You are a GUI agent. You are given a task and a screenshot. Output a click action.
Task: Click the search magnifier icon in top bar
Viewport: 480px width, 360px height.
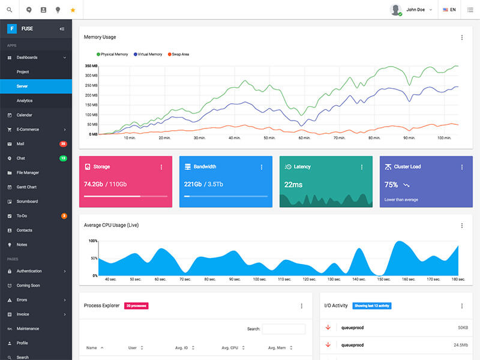click(x=9, y=10)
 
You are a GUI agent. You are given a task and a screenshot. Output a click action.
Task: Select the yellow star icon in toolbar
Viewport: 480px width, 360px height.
click(x=73, y=10)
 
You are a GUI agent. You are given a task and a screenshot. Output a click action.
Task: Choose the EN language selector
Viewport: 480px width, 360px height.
click(x=449, y=10)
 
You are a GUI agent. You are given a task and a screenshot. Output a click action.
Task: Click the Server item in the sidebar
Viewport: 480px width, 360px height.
click(x=22, y=86)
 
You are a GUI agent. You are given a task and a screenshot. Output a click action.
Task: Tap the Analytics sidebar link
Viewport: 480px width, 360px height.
click(x=25, y=101)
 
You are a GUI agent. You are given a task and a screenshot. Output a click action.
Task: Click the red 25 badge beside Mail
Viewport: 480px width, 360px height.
click(x=63, y=144)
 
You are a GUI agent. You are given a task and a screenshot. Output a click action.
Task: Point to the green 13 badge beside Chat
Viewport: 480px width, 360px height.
click(x=63, y=158)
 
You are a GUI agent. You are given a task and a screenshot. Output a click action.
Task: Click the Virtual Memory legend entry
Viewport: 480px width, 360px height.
click(x=148, y=54)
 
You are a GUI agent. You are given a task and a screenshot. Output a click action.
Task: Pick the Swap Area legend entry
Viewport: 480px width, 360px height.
click(x=179, y=54)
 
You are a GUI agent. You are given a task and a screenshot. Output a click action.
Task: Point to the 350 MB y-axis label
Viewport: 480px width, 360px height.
click(x=91, y=65)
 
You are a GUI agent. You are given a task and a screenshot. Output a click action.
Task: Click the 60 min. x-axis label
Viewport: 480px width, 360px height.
click(x=304, y=138)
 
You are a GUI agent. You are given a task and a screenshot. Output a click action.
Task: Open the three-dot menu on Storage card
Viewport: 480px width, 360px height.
click(x=161, y=167)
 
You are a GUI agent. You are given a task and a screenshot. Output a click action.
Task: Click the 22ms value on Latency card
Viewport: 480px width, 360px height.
click(x=293, y=185)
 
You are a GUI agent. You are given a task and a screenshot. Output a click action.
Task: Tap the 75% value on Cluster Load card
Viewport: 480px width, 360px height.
click(x=391, y=185)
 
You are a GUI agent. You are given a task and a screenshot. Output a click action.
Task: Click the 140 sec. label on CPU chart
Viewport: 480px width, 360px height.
click(x=359, y=280)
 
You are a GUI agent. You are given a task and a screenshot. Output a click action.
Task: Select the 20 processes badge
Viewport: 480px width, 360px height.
click(x=136, y=306)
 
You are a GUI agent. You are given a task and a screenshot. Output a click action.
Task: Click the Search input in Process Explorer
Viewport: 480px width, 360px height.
click(x=284, y=329)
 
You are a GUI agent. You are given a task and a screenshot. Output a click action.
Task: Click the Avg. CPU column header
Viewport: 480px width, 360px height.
click(x=230, y=348)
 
